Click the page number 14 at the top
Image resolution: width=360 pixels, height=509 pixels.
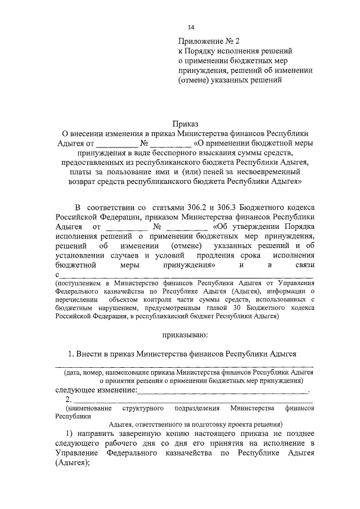coord(191,27)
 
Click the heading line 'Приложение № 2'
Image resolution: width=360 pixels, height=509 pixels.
coord(209,41)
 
